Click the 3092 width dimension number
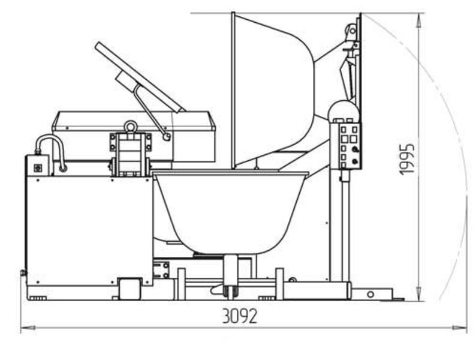pos(240,316)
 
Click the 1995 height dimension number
pos(407,159)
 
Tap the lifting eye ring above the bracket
pos(131,127)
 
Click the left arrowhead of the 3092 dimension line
pos(28,328)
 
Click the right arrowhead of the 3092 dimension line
pos(460,328)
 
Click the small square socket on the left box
pos(38,167)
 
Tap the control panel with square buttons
pos(346,146)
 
